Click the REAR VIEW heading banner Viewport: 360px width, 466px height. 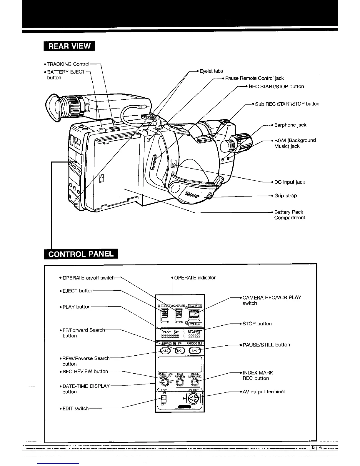pyautogui.click(x=69, y=46)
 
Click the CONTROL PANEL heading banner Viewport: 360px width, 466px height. pyautogui.click(x=81, y=254)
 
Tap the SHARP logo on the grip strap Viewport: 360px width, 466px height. pyautogui.click(x=192, y=194)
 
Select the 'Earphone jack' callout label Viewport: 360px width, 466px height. pyautogui.click(x=290, y=125)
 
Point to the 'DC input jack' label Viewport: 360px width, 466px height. pyautogui.click(x=289, y=182)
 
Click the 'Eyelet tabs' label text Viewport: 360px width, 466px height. pyautogui.click(x=211, y=71)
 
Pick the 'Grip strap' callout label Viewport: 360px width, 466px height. pyautogui.click(x=285, y=196)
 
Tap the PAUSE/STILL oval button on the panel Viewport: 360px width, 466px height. pyautogui.click(x=195, y=350)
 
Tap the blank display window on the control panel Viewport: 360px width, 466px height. pyautogui.click(x=180, y=364)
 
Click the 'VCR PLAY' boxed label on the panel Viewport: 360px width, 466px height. pyautogui.click(x=195, y=324)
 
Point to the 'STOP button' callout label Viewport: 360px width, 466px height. pyautogui.click(x=257, y=324)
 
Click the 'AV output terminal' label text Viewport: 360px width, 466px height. pyautogui.click(x=264, y=392)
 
